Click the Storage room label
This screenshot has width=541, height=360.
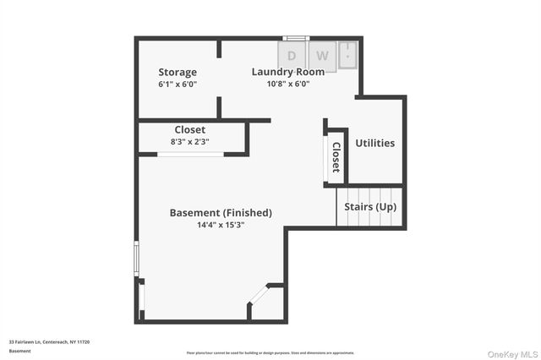tap(178, 73)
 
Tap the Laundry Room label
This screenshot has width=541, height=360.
tap(287, 72)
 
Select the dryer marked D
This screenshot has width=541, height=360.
tap(292, 57)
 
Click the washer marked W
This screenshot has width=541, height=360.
tap(322, 57)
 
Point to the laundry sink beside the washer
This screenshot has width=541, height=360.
tap(348, 55)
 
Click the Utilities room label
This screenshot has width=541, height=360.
tap(374, 143)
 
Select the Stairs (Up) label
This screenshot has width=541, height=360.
tap(370, 207)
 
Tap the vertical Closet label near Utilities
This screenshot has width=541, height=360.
tap(336, 156)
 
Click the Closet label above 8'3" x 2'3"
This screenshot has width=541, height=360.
tap(189, 129)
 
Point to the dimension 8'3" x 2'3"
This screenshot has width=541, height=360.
tap(189, 142)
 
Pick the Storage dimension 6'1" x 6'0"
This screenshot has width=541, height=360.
tap(178, 85)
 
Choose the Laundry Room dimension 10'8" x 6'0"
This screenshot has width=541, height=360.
tap(287, 84)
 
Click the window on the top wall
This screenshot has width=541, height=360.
tap(296, 38)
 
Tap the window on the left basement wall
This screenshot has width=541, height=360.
tap(136, 259)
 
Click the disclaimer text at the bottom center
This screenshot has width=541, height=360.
tap(270, 352)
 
